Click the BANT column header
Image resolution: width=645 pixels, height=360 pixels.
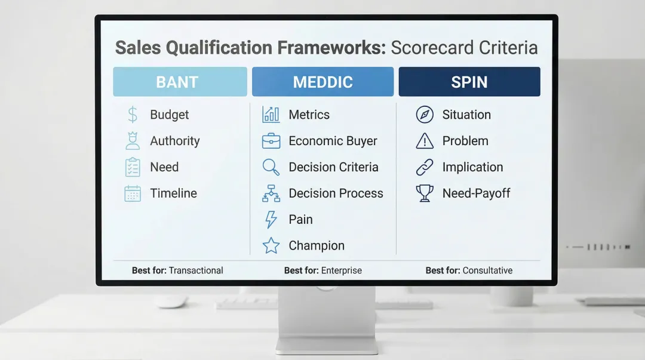pos(180,82)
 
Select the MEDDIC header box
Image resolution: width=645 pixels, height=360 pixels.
pos(322,82)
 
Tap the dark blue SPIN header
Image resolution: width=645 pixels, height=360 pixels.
pos(469,82)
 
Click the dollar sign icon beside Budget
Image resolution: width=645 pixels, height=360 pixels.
pos(133,115)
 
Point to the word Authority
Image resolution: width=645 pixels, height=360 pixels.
pos(174,141)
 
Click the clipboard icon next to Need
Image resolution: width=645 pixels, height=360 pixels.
pos(133,167)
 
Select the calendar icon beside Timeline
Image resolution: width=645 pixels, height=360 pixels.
pos(133,193)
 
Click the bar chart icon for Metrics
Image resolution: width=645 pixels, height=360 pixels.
pos(271,115)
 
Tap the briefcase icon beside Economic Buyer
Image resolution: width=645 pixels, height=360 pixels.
pos(271,141)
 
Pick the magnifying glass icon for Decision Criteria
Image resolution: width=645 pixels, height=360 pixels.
pos(271,167)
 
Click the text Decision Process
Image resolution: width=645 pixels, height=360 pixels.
pos(336,193)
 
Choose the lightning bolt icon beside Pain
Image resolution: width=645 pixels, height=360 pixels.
pos(271,220)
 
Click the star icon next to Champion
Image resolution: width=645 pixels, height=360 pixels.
pos(271,245)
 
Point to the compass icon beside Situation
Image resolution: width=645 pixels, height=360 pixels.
pos(425,115)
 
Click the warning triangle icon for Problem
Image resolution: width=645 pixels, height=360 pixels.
pos(425,141)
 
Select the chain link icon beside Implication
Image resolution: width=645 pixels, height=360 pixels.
pos(425,167)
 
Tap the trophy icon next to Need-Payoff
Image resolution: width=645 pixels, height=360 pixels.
pos(425,193)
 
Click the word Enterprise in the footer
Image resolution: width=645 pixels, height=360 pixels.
pos(341,270)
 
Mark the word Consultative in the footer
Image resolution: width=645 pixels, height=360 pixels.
pos(487,270)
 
